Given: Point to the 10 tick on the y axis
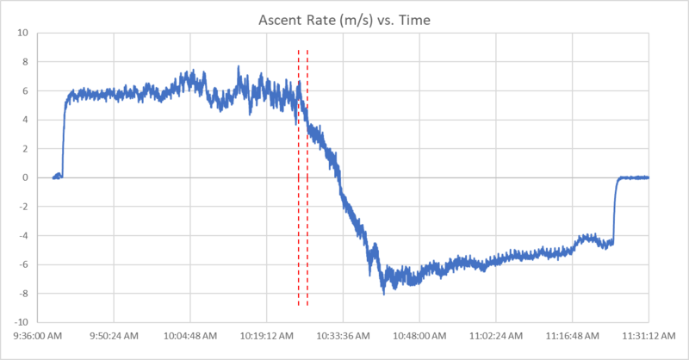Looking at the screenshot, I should click(23, 33).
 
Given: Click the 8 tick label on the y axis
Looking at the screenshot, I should click(26, 62).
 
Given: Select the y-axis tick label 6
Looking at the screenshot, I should click(26, 90).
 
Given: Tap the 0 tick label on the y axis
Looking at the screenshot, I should click(26, 177).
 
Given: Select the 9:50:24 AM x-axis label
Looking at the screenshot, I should click(115, 336).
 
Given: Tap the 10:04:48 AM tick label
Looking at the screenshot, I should click(191, 336).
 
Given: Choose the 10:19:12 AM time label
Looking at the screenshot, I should click(267, 336).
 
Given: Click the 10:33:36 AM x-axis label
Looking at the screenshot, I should click(343, 336).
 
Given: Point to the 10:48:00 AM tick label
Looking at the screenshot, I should click(419, 336).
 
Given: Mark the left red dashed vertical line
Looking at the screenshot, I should click(299, 215).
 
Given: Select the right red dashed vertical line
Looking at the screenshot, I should click(307, 215).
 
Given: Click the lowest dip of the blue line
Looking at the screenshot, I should click(384, 294).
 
